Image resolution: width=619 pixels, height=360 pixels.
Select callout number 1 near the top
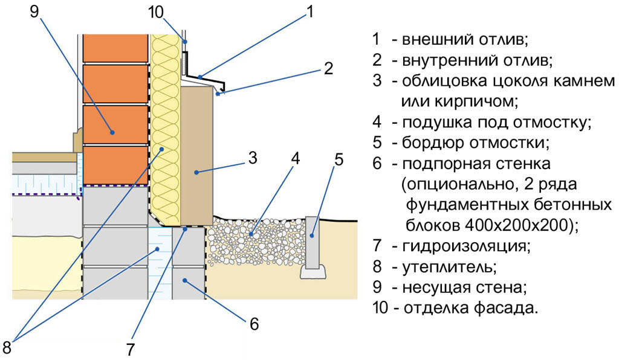click(x=311, y=12)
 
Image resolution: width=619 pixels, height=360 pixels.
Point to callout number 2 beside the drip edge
click(x=328, y=68)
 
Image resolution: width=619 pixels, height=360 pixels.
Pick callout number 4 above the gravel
click(x=294, y=159)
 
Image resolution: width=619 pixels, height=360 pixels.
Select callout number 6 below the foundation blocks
click(x=254, y=324)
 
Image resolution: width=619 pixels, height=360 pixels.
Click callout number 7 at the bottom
click(x=130, y=349)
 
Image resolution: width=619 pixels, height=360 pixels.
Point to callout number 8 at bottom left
click(x=7, y=347)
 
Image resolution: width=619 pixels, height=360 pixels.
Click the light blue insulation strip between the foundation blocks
click(x=160, y=260)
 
